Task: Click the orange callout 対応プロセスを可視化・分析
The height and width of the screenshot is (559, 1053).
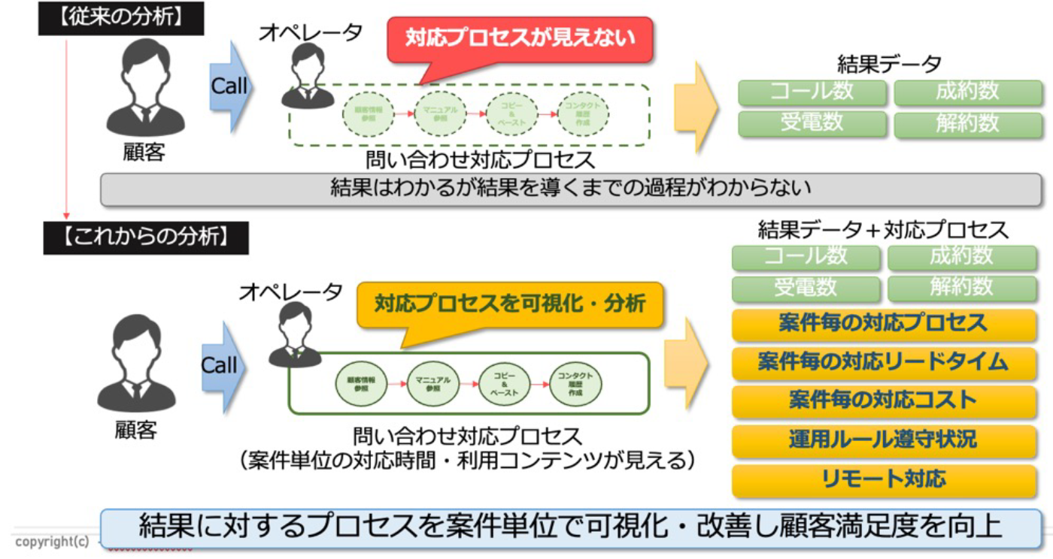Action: [x=510, y=304]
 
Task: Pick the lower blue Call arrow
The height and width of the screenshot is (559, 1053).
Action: [x=222, y=366]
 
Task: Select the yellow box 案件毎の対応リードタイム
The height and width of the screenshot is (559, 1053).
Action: [x=883, y=362]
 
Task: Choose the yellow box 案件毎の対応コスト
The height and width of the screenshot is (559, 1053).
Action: [x=883, y=400]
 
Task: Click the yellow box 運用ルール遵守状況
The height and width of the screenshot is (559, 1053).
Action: [x=883, y=440]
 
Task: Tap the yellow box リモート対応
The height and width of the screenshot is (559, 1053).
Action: [x=883, y=479]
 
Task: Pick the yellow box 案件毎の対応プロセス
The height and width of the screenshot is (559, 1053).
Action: [x=883, y=324]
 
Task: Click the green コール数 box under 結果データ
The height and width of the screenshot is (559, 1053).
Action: [x=812, y=92]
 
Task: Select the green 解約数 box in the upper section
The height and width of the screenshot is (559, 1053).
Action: [x=967, y=123]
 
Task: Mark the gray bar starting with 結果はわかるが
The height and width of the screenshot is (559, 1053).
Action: [x=572, y=189]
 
